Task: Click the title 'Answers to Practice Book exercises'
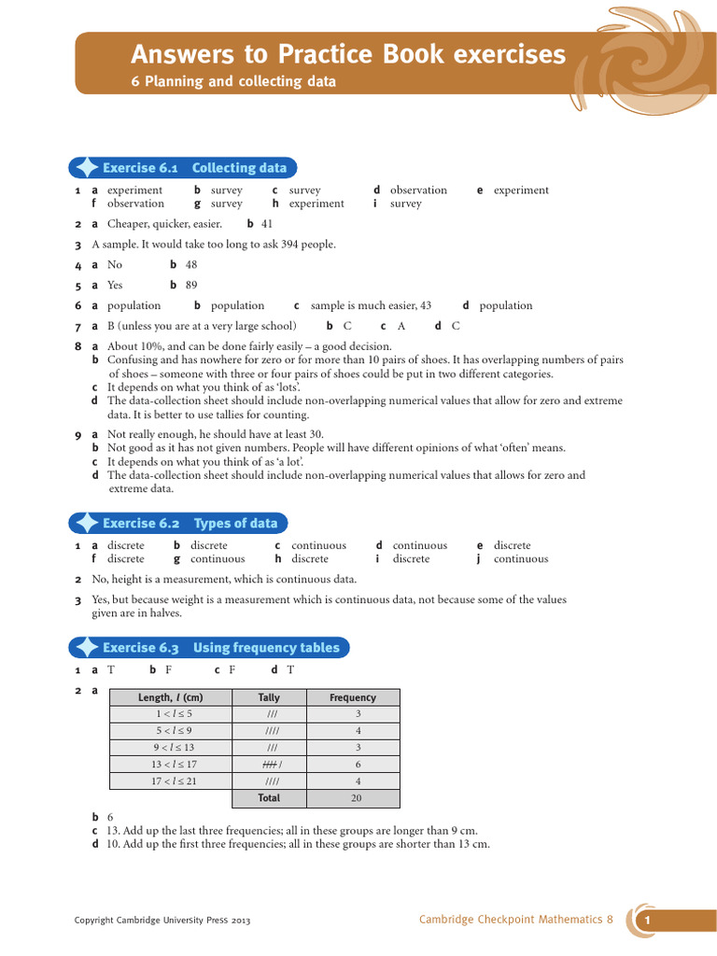point(347,55)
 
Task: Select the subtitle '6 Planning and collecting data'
point(232,82)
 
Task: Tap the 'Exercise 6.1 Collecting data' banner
point(194,168)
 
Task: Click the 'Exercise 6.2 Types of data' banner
point(190,524)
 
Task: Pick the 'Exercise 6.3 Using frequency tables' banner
point(220,648)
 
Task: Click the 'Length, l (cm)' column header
point(170,697)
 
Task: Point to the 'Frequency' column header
point(353,697)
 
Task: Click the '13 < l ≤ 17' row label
point(175,765)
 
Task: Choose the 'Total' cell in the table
point(269,798)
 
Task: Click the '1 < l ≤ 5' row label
point(175,714)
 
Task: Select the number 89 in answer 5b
point(191,286)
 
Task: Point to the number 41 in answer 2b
point(267,224)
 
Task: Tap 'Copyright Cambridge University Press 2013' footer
point(162,921)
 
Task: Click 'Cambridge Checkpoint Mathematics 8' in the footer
point(516,920)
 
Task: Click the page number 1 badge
point(646,921)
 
